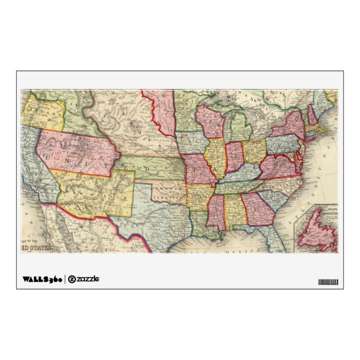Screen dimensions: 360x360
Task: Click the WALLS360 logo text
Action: (x=42, y=278)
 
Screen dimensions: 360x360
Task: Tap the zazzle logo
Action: (x=84, y=278)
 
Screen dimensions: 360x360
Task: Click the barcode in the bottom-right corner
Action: (x=328, y=281)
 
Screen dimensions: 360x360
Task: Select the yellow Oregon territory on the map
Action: (x=44, y=114)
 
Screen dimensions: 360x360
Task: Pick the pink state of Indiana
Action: (x=234, y=156)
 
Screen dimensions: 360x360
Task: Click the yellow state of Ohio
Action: (x=254, y=150)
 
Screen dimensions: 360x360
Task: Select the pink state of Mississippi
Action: (x=215, y=212)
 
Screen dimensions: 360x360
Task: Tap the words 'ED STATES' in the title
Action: (x=36, y=247)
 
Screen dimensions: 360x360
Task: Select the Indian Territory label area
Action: (x=171, y=190)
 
